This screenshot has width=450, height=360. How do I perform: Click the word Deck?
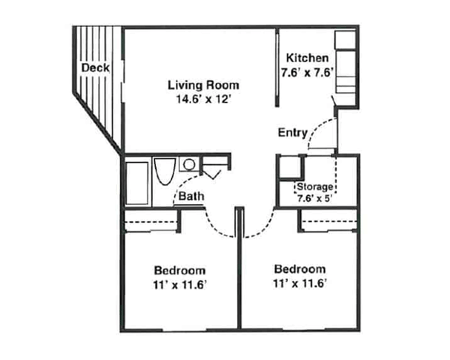coord(95,67)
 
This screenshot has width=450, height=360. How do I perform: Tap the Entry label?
coord(292,133)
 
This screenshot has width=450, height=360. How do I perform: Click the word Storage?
coord(315,186)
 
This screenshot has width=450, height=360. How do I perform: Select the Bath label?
coord(190,197)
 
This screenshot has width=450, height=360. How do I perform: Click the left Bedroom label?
coord(180,270)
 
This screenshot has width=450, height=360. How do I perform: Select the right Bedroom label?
coord(300,269)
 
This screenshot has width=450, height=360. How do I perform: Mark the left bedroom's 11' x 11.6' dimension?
coord(180,284)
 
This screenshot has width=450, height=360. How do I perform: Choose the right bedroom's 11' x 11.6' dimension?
coord(300,283)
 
